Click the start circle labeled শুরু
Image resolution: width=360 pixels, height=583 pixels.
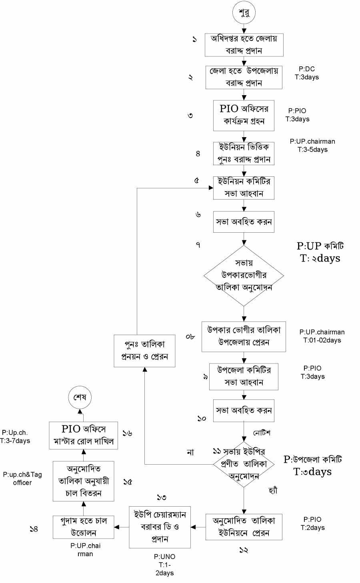click(x=244, y=13)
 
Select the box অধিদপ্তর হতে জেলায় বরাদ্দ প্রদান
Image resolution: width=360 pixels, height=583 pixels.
click(x=244, y=44)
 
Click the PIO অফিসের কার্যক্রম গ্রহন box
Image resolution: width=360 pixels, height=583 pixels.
click(x=244, y=115)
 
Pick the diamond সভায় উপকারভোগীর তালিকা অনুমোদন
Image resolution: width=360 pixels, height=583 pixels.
click(x=244, y=276)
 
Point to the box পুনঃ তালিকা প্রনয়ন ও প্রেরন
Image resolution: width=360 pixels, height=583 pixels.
click(x=144, y=351)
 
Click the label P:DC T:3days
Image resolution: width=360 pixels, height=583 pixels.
click(x=307, y=73)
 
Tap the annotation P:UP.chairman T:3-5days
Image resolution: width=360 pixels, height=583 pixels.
click(x=312, y=146)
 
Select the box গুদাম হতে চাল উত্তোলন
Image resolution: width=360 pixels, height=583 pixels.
click(x=84, y=527)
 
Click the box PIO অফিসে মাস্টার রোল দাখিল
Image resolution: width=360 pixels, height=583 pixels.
click(x=84, y=435)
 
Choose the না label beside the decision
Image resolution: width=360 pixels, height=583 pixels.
click(x=190, y=452)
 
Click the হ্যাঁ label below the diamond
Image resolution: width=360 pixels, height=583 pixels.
click(x=273, y=490)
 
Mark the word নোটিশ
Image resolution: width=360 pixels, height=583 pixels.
click(x=262, y=433)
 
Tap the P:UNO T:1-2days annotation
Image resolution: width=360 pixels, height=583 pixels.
click(x=164, y=565)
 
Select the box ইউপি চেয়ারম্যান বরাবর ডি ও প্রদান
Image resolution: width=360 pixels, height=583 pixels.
click(x=160, y=527)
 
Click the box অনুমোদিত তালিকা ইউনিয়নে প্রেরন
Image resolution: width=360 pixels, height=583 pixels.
click(x=244, y=527)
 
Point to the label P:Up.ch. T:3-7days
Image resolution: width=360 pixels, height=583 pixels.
click(x=16, y=437)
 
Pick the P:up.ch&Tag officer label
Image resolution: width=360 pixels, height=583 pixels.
click(x=22, y=478)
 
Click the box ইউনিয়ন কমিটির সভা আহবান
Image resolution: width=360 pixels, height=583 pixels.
click(x=244, y=188)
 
